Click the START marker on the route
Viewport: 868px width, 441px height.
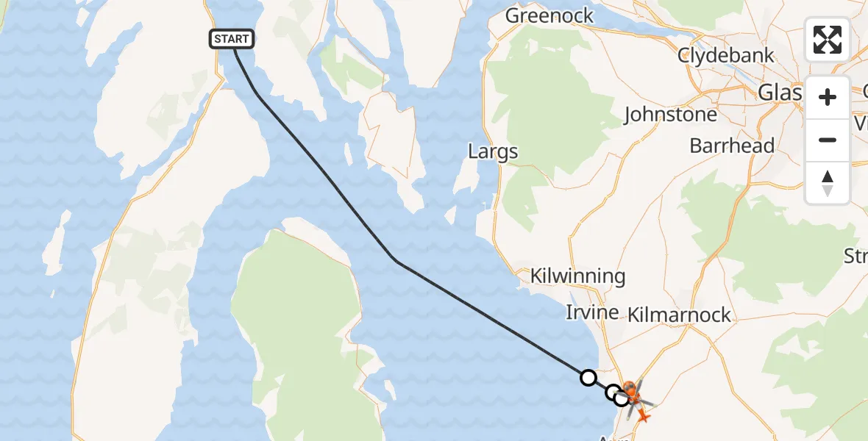coord(232,39)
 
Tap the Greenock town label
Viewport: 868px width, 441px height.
coord(549,16)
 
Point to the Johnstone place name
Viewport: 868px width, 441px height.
coord(670,115)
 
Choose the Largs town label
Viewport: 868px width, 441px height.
coord(493,152)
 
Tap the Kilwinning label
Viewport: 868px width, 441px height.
coord(578,277)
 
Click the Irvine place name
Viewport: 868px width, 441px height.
coord(591,312)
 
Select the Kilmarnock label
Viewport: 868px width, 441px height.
coord(680,315)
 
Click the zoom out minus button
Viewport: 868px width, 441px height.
coord(828,140)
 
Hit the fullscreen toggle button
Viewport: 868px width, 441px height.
coord(828,40)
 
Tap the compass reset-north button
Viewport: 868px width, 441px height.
coord(828,182)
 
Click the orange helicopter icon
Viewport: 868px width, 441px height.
coord(631,393)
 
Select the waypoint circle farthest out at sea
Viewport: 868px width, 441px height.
coord(588,378)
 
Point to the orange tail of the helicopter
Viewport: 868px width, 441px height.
coord(644,417)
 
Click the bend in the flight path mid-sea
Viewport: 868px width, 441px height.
coord(396,261)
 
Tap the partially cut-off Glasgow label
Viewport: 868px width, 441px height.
coord(779,93)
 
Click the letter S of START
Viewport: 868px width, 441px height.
coord(218,39)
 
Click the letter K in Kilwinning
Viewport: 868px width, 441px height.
coord(537,277)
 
